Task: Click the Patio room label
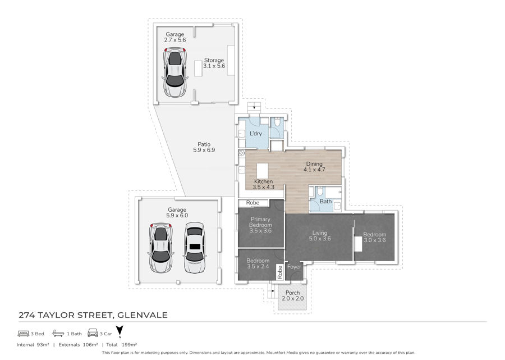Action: coord(204,147)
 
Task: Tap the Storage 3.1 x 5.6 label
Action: coord(214,63)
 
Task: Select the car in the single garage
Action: coord(175,72)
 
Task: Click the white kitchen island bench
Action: coord(263,171)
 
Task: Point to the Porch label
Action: coord(293,293)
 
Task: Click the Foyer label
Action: coord(294,267)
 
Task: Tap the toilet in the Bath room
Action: coord(320,191)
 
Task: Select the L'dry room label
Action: coord(256,134)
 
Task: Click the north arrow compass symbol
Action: coord(120,332)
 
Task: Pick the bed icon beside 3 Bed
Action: coord(24,333)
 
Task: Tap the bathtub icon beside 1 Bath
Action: coord(58,333)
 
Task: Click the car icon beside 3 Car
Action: coord(93,333)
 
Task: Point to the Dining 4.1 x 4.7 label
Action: coord(314,167)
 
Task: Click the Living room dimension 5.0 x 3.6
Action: coord(320,239)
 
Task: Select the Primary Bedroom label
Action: coord(260,222)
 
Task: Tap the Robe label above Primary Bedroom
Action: coord(253,203)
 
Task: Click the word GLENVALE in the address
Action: coord(143,315)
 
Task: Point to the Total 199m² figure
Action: coord(122,344)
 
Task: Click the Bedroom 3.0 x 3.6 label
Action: coord(375,237)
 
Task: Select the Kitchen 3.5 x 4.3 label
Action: coord(264,184)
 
